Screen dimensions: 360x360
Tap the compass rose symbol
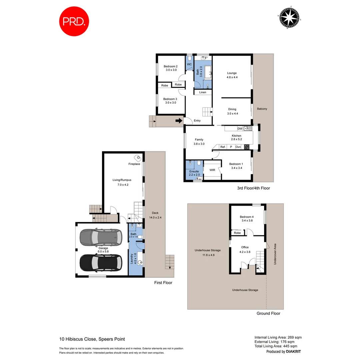(x=289, y=17)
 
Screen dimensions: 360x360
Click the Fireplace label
(x=134, y=164)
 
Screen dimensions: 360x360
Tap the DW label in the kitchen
(x=240, y=129)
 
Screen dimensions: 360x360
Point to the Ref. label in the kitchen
(x=223, y=147)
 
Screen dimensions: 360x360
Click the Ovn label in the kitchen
(x=238, y=147)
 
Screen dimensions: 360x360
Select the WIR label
(x=212, y=170)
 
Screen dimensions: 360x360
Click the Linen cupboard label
(x=203, y=92)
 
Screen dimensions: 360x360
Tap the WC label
(x=189, y=64)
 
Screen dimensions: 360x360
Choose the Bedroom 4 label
(x=247, y=217)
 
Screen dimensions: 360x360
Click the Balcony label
(x=262, y=109)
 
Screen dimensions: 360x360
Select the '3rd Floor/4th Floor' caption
(x=253, y=188)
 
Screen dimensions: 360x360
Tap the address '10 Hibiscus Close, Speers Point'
(x=92, y=339)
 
